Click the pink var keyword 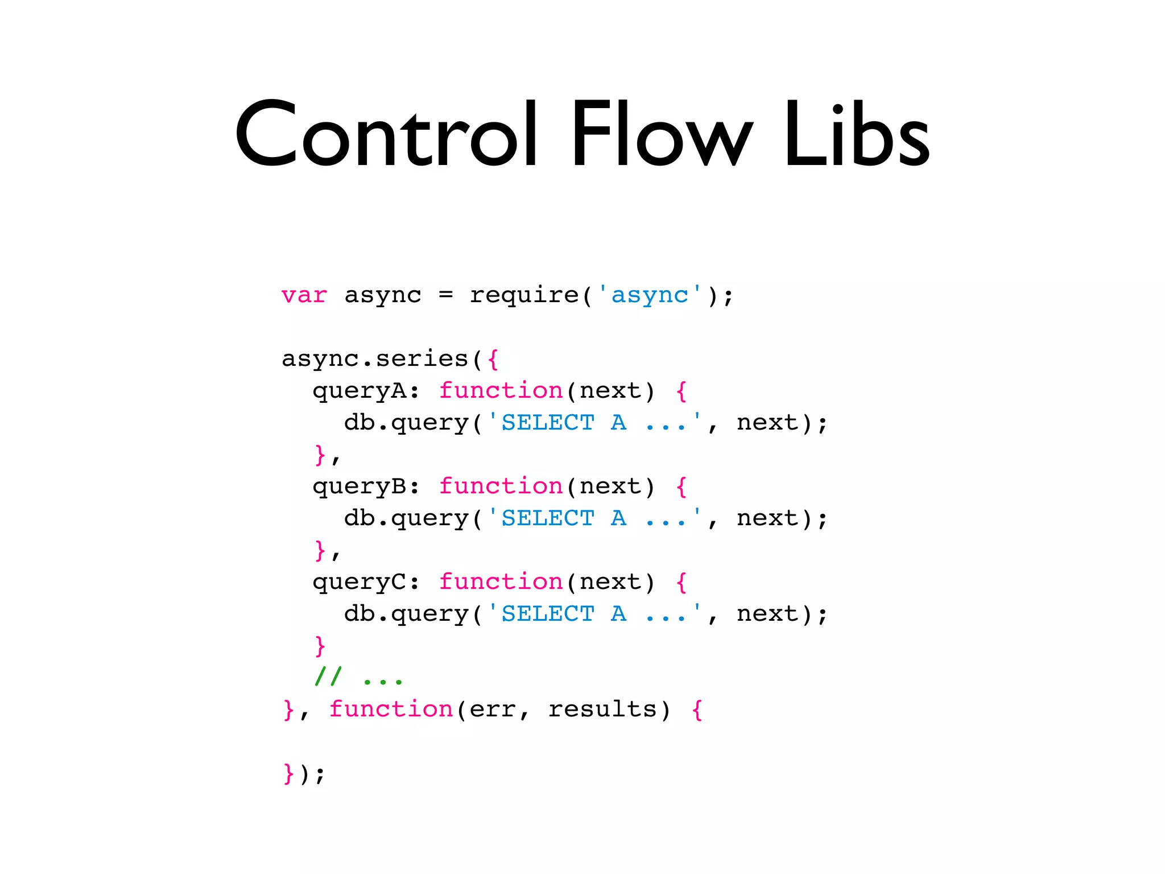[304, 295]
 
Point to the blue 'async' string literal [650, 295]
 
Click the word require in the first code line [523, 295]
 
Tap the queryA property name [359, 391]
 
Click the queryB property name [359, 487]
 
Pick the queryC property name [359, 582]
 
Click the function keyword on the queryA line [501, 391]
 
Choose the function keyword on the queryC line [501, 582]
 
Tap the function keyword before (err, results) [391, 710]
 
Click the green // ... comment [359, 677]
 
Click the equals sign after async [446, 295]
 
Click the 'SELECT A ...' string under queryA [594, 423]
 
